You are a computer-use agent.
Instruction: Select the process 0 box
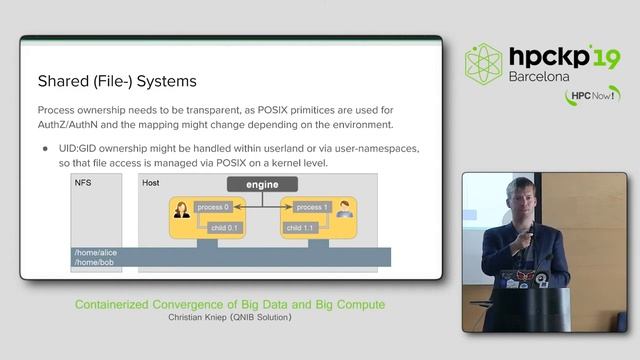pos(213,206)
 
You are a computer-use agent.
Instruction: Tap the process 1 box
pos(312,206)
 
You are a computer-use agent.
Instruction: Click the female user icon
pos(183,211)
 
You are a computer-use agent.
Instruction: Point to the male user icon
pos(344,210)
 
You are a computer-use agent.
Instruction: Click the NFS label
pos(83,183)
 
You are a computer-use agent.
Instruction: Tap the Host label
pos(151,183)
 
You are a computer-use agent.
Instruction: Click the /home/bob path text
pos(93,263)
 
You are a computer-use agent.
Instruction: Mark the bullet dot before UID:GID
pos(46,148)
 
